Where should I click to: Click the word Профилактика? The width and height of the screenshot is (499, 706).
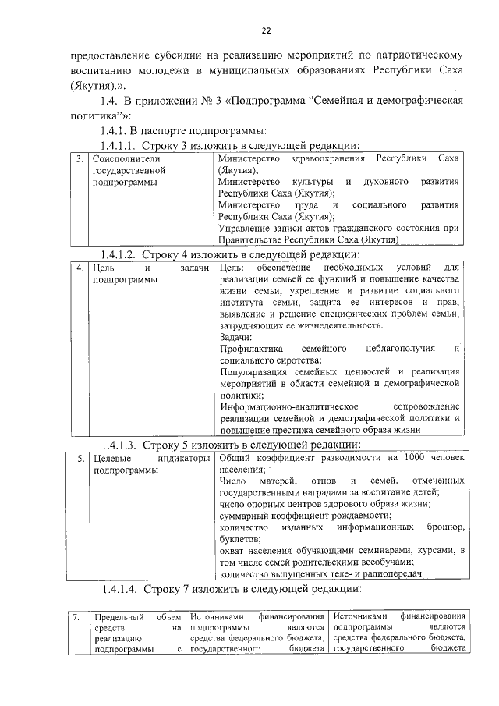251,348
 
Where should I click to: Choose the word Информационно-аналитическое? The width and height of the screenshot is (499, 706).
288,407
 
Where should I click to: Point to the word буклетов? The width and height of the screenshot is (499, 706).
241,539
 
